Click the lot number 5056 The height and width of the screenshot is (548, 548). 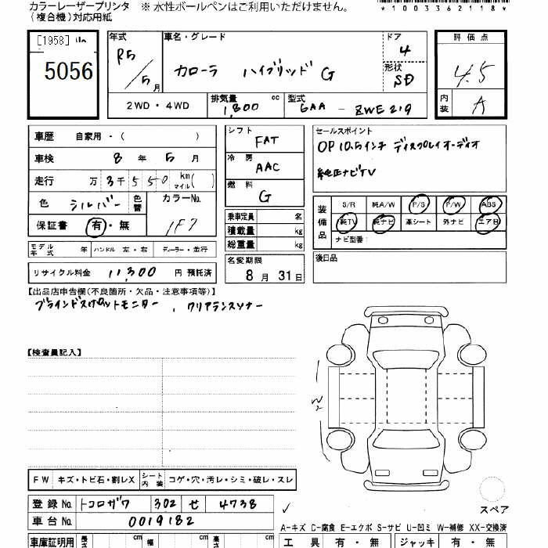(x=69, y=72)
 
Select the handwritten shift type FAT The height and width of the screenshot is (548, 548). (x=266, y=142)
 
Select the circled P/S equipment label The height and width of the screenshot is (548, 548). (x=418, y=204)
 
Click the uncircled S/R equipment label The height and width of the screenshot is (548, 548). (x=348, y=204)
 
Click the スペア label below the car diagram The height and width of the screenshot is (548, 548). (x=493, y=510)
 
